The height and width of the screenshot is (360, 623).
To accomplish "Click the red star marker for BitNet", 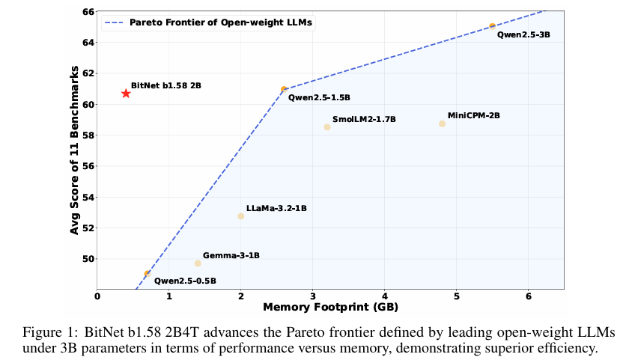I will (126, 94).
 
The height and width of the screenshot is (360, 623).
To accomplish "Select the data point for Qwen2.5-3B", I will (492, 26).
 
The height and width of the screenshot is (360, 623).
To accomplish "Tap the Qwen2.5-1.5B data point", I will (284, 89).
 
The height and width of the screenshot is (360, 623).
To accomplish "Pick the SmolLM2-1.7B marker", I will (327, 127).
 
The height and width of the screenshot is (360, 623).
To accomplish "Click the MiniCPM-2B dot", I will (443, 123).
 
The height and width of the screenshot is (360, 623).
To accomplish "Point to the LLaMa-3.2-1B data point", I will (241, 216).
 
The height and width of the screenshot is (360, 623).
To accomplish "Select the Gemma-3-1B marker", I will (198, 263).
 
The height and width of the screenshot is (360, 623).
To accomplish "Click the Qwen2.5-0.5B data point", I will (148, 274).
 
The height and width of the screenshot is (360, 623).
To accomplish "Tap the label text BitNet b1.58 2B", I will (165, 86).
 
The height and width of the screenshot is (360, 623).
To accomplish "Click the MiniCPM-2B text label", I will (473, 115).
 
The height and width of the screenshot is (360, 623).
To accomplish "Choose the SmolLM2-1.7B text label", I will (364, 119).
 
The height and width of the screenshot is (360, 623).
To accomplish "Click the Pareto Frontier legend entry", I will (210, 23).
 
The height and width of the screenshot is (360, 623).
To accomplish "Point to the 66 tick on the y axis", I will (88, 12).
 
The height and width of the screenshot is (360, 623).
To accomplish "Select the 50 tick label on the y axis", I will (88, 259).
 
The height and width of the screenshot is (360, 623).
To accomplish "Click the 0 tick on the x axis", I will (97, 297).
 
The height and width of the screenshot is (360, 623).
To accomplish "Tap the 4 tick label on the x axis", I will (385, 297).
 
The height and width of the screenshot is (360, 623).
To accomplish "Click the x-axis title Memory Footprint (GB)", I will (330, 308).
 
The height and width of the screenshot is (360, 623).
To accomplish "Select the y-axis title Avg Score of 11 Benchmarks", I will (75, 150).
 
